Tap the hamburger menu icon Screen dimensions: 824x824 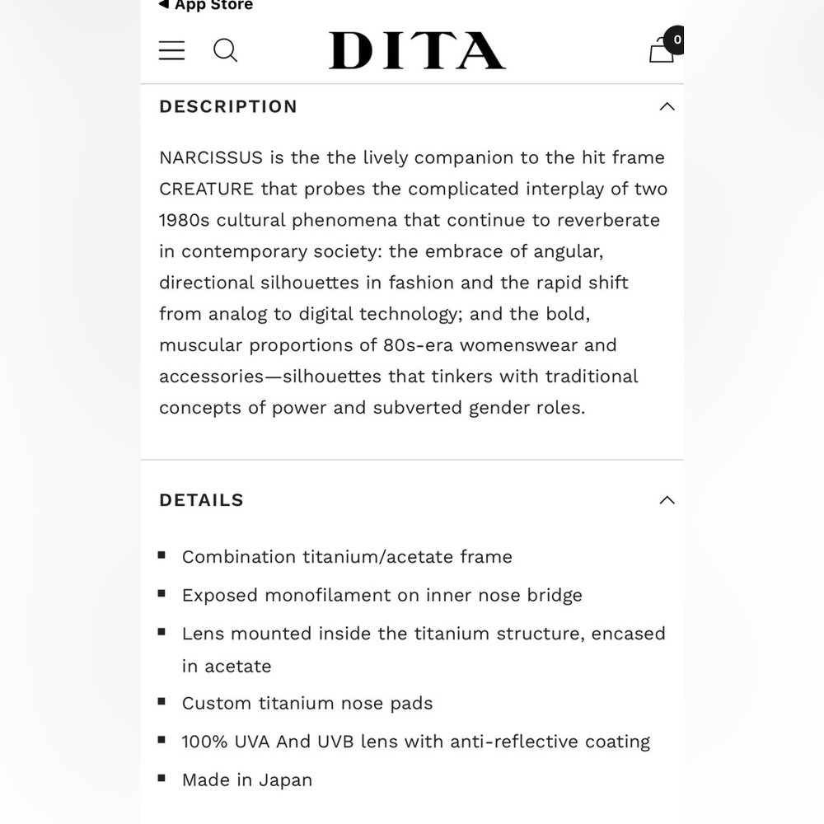[171, 50]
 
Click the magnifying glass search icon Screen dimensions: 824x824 [225, 50]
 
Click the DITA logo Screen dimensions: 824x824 [417, 51]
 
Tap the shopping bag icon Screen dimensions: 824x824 [662, 50]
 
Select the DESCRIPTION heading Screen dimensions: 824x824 [228, 106]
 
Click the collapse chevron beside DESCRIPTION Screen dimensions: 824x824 [667, 106]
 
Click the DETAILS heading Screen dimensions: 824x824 [201, 500]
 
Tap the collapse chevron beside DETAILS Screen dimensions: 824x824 [667, 500]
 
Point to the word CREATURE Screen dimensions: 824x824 [207, 189]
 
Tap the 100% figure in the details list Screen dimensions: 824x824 [205, 742]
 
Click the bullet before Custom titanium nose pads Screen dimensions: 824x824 [162, 702]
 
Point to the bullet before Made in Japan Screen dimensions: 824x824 [162, 779]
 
